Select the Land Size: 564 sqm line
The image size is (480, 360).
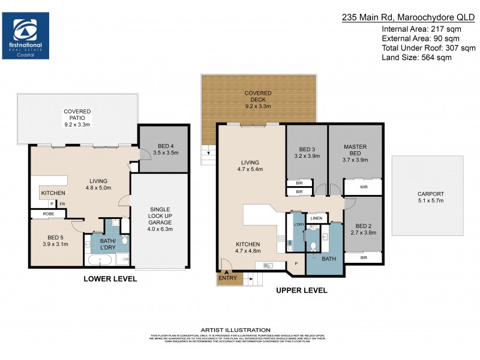coord(416,58)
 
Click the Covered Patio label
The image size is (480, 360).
coord(77,116)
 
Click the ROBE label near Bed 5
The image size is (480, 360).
coord(49,214)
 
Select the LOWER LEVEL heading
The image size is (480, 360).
coord(110,279)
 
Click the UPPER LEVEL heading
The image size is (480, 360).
coord(301,290)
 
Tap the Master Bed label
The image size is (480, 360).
coord(355,151)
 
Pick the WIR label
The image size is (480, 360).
coord(364,187)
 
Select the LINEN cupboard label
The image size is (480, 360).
coord(317,218)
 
